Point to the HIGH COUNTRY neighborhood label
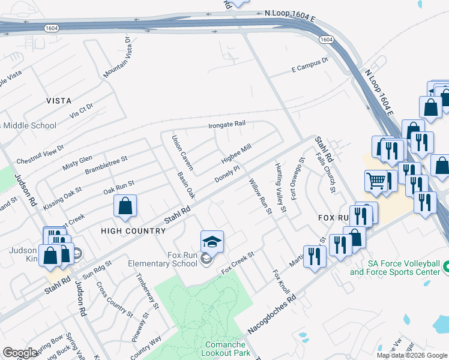[133, 231]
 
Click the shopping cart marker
[376, 180]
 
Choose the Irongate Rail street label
[228, 125]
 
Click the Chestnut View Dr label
[40, 154]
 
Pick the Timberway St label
[147, 291]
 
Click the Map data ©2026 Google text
[412, 355]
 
